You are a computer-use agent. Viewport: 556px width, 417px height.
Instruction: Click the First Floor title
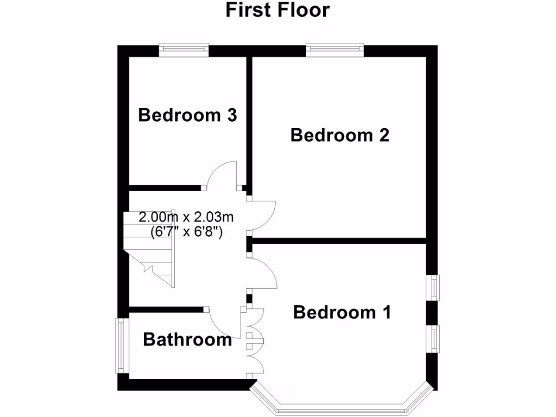click(x=277, y=10)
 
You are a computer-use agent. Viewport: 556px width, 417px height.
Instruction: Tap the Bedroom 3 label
click(x=187, y=115)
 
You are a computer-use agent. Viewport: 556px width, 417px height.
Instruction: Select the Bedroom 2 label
click(x=340, y=135)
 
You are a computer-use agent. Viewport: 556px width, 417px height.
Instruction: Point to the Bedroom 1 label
click(x=342, y=312)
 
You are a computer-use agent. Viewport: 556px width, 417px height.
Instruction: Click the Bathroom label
click(x=187, y=340)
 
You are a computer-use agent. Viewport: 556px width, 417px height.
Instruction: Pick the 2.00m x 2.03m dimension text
click(x=186, y=218)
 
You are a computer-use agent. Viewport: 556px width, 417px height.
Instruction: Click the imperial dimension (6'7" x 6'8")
click(x=186, y=232)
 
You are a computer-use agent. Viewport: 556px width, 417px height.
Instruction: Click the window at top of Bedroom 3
click(x=184, y=50)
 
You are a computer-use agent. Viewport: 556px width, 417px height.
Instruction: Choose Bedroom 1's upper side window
click(x=434, y=286)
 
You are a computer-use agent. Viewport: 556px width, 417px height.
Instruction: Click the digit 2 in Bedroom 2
click(x=383, y=135)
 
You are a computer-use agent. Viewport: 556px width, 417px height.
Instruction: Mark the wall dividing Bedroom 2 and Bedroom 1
click(x=339, y=240)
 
